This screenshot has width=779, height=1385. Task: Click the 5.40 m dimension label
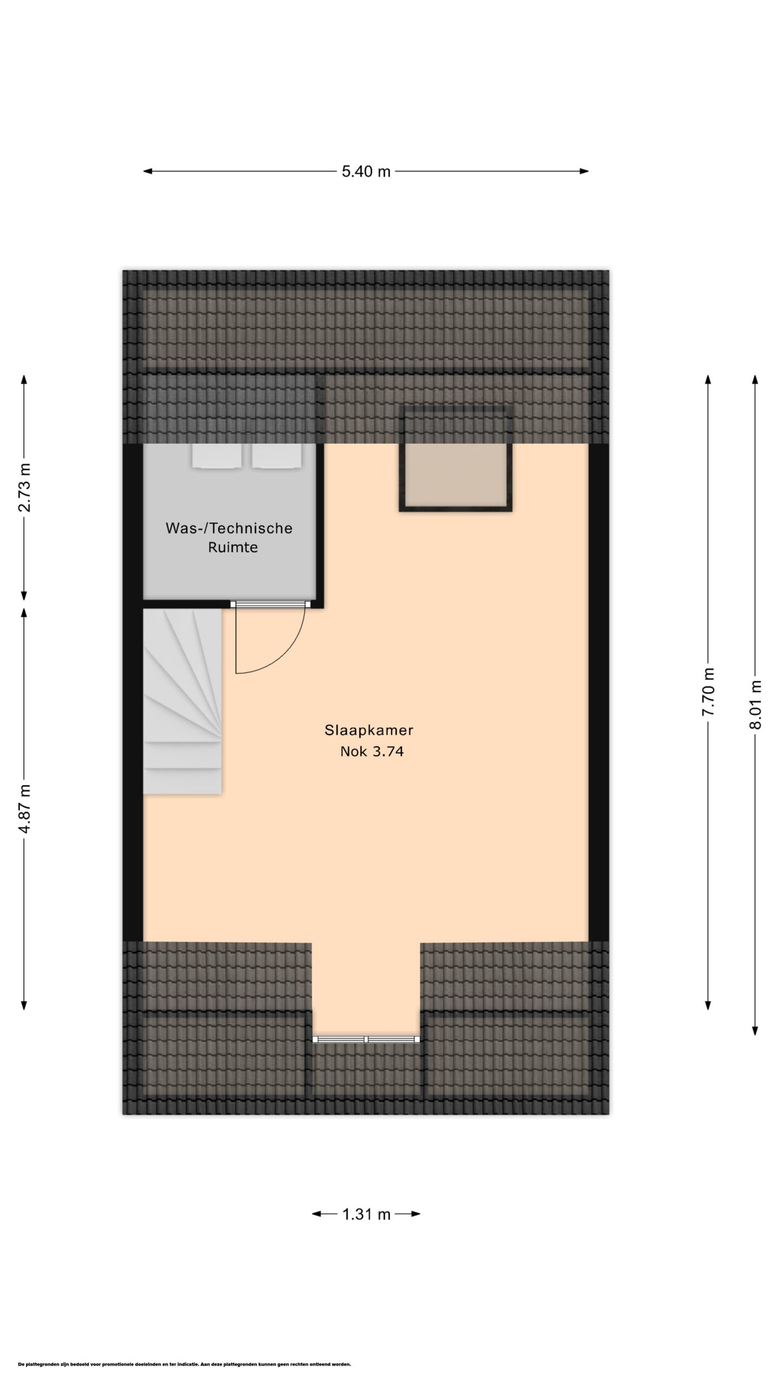click(x=366, y=172)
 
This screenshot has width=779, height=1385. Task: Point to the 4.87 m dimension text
click(x=24, y=808)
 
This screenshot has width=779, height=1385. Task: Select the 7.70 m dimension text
click(x=709, y=692)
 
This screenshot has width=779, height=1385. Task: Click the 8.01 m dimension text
click(x=755, y=704)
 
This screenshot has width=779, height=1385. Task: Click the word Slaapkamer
click(x=369, y=730)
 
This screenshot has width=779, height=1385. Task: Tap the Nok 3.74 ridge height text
click(x=372, y=751)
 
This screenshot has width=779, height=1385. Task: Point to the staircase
click(x=182, y=701)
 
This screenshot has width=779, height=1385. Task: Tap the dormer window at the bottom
click(x=366, y=1039)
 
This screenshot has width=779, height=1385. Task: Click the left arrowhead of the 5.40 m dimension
click(x=147, y=172)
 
